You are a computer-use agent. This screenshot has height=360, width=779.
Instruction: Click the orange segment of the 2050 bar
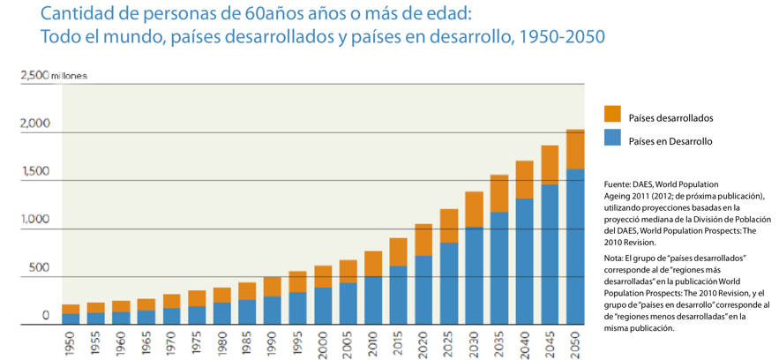575,149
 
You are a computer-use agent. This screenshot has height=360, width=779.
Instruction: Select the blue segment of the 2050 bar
575,246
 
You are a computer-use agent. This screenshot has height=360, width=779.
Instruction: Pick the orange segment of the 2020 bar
423,240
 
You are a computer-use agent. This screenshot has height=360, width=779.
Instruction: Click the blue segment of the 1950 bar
71,319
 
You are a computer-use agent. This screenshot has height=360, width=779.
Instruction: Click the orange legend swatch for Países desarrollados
612,114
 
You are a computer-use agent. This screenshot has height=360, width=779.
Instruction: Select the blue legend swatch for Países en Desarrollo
612,138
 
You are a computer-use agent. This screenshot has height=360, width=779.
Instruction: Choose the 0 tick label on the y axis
46,315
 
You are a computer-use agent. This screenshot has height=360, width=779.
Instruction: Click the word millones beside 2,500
70,76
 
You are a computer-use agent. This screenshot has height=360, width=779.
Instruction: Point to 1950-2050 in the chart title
562,40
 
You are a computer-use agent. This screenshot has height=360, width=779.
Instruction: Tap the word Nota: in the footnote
616,257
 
